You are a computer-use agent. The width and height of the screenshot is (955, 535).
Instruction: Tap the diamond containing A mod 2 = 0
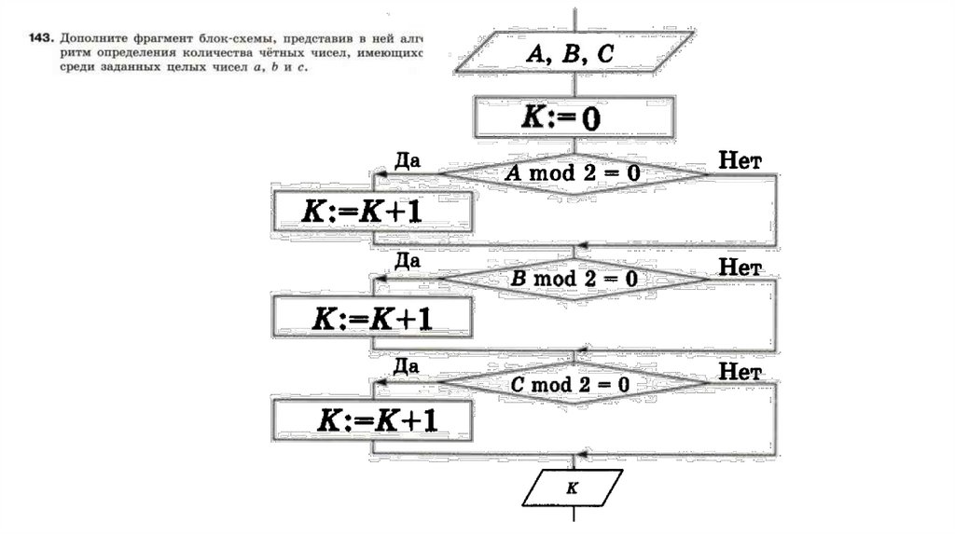pyautogui.click(x=573, y=173)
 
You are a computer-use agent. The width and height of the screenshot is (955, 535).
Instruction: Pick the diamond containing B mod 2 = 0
pyautogui.click(x=574, y=278)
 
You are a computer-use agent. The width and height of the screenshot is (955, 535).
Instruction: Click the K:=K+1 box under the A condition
pyautogui.click(x=370, y=213)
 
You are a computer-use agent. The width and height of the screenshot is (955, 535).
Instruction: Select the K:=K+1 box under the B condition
pyautogui.click(x=370, y=319)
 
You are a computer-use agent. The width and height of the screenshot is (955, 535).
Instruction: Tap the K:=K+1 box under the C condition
pyautogui.click(x=370, y=422)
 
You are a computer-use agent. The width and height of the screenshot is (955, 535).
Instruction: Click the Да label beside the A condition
pyautogui.click(x=408, y=159)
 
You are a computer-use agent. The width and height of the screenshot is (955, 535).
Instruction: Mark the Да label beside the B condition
pyautogui.click(x=408, y=262)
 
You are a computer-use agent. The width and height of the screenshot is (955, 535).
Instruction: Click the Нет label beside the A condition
pyautogui.click(x=741, y=161)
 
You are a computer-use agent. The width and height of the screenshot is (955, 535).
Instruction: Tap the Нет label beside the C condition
pyautogui.click(x=741, y=371)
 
